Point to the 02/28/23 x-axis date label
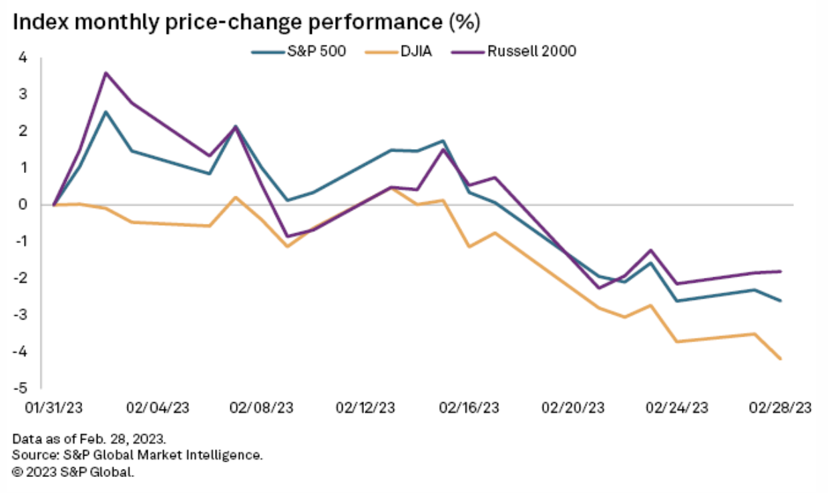point(781,407)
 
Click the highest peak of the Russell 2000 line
point(106,73)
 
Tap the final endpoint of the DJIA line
point(781,359)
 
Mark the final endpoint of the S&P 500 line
point(781,301)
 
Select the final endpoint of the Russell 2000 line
point(781,271)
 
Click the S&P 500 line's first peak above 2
point(106,112)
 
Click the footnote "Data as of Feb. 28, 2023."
point(88,440)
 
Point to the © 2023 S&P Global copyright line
point(73,472)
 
